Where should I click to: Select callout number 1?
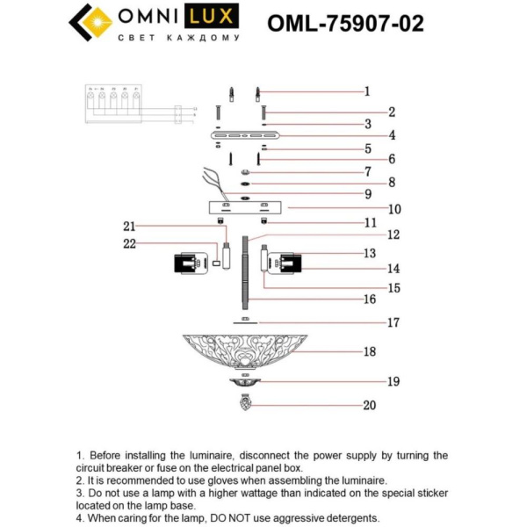click(367, 90)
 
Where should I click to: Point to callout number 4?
click(368, 135)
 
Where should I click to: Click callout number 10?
click(370, 209)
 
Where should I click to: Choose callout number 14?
click(369, 268)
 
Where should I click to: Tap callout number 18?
click(370, 351)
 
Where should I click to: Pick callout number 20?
click(369, 405)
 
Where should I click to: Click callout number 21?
click(130, 226)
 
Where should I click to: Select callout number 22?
click(130, 243)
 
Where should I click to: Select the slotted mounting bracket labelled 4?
click(245, 136)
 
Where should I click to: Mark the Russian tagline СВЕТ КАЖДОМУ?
click(178, 39)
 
